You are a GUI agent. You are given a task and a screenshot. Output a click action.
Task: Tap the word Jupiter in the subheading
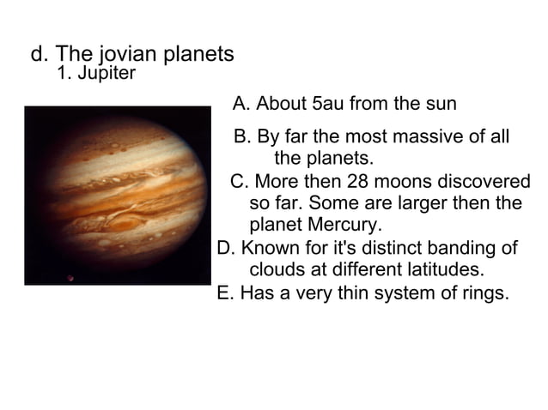click(x=106, y=74)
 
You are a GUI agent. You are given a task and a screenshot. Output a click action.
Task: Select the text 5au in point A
click(x=326, y=105)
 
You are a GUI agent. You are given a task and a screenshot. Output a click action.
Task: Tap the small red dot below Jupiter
click(x=71, y=277)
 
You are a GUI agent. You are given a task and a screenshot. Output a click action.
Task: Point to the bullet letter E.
click(x=225, y=293)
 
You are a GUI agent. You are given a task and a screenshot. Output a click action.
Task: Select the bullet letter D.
click(x=226, y=249)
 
